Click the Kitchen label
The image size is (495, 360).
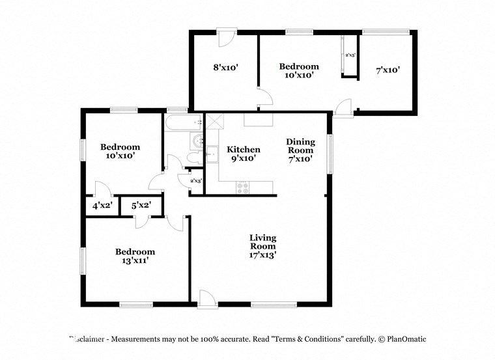coord(243,150)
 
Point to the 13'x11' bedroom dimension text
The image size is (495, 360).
coord(135,261)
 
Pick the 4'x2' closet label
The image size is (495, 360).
coord(102,206)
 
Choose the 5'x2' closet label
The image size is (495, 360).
coord(141,206)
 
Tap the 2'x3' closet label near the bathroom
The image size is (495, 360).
coord(195,181)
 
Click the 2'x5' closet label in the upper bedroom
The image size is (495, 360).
coord(350,55)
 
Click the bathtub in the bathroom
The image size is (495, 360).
coord(183,122)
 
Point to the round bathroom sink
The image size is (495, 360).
coord(197,141)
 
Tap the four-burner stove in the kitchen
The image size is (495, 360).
coord(244,187)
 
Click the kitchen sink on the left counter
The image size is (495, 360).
coord(212,154)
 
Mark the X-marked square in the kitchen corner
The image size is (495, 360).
coord(214,120)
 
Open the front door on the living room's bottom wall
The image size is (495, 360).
coord(206,298)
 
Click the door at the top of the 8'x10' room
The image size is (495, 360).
coord(225,37)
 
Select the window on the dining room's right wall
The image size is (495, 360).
coord(330,152)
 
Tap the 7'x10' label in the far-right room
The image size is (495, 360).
coord(388,70)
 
